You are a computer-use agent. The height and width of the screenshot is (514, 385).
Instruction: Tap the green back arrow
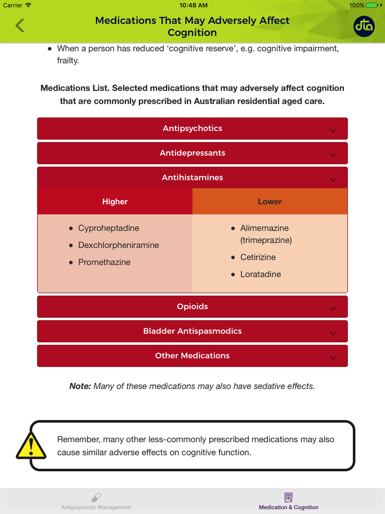tap(20, 25)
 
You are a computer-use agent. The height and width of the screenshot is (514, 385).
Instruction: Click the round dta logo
tap(364, 26)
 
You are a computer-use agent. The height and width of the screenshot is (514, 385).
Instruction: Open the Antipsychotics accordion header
tap(192, 128)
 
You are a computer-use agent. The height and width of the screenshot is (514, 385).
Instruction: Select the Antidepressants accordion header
tap(192, 153)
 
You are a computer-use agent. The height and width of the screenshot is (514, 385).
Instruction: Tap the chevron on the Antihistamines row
tap(333, 180)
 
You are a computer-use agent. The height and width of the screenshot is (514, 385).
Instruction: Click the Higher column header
tap(115, 202)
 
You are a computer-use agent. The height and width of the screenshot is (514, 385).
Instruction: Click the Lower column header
tap(269, 202)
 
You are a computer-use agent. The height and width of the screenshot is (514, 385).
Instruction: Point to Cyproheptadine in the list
tap(109, 228)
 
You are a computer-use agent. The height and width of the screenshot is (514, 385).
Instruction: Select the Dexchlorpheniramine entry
tap(118, 245)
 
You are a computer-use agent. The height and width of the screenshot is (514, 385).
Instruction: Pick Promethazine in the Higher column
tap(104, 262)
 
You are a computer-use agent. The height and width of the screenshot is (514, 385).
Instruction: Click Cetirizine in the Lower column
tap(258, 257)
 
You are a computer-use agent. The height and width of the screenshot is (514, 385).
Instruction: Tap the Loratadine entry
tap(260, 274)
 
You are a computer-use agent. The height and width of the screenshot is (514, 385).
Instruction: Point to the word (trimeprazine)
tap(266, 240)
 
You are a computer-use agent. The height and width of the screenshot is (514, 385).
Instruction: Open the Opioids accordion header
tap(192, 307)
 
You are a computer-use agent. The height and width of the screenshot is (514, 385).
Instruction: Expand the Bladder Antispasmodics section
tap(192, 331)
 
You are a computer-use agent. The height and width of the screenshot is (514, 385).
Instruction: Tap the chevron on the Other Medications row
tap(333, 358)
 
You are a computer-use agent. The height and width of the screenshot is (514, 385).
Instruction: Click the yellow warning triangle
tap(31, 446)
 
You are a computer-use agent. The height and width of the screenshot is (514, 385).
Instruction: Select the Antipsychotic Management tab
tap(96, 501)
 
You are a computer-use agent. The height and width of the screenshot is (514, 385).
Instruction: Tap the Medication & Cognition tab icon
tap(288, 497)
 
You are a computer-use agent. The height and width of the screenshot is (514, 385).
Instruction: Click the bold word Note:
tap(80, 386)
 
